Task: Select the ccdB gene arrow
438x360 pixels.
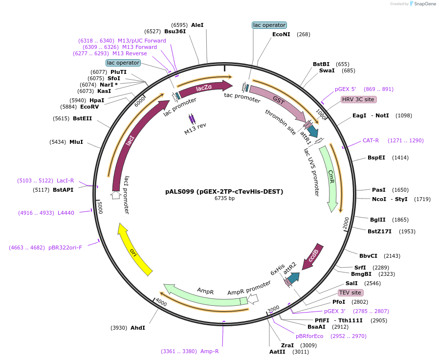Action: [x=312, y=256]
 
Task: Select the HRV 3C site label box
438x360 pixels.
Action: [x=358, y=99]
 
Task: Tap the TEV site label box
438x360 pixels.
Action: [x=350, y=292]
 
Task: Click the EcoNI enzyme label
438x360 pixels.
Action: [x=281, y=34]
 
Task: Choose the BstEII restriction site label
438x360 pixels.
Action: [x=82, y=118]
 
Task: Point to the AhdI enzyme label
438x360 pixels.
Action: [x=137, y=328]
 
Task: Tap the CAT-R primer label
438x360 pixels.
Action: [x=371, y=140]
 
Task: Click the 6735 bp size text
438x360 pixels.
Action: [x=224, y=198]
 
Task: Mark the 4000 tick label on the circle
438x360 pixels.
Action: [x=161, y=303]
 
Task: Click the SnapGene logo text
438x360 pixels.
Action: [x=422, y=4]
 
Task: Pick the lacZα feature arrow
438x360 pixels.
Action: [x=204, y=88]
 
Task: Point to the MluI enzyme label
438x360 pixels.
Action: [x=76, y=142]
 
